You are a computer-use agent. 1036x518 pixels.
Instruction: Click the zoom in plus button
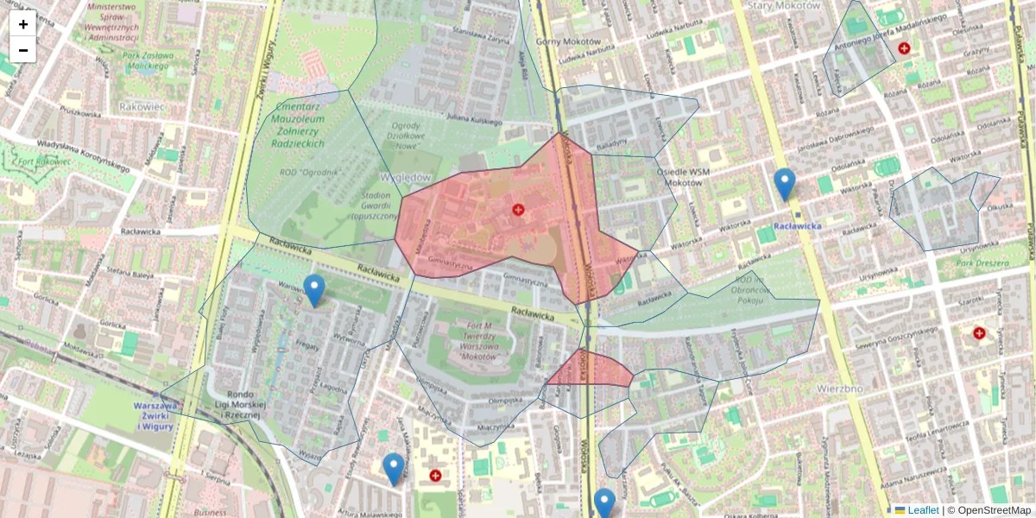23,24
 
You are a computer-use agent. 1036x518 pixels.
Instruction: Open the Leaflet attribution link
922,510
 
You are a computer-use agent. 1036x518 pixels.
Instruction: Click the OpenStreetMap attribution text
993,510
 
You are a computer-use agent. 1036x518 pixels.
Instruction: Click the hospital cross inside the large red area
518,210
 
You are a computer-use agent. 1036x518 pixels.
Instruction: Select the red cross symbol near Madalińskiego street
904,49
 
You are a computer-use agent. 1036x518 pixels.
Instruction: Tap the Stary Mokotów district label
783,6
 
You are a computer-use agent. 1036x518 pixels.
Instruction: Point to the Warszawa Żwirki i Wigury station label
156,415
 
